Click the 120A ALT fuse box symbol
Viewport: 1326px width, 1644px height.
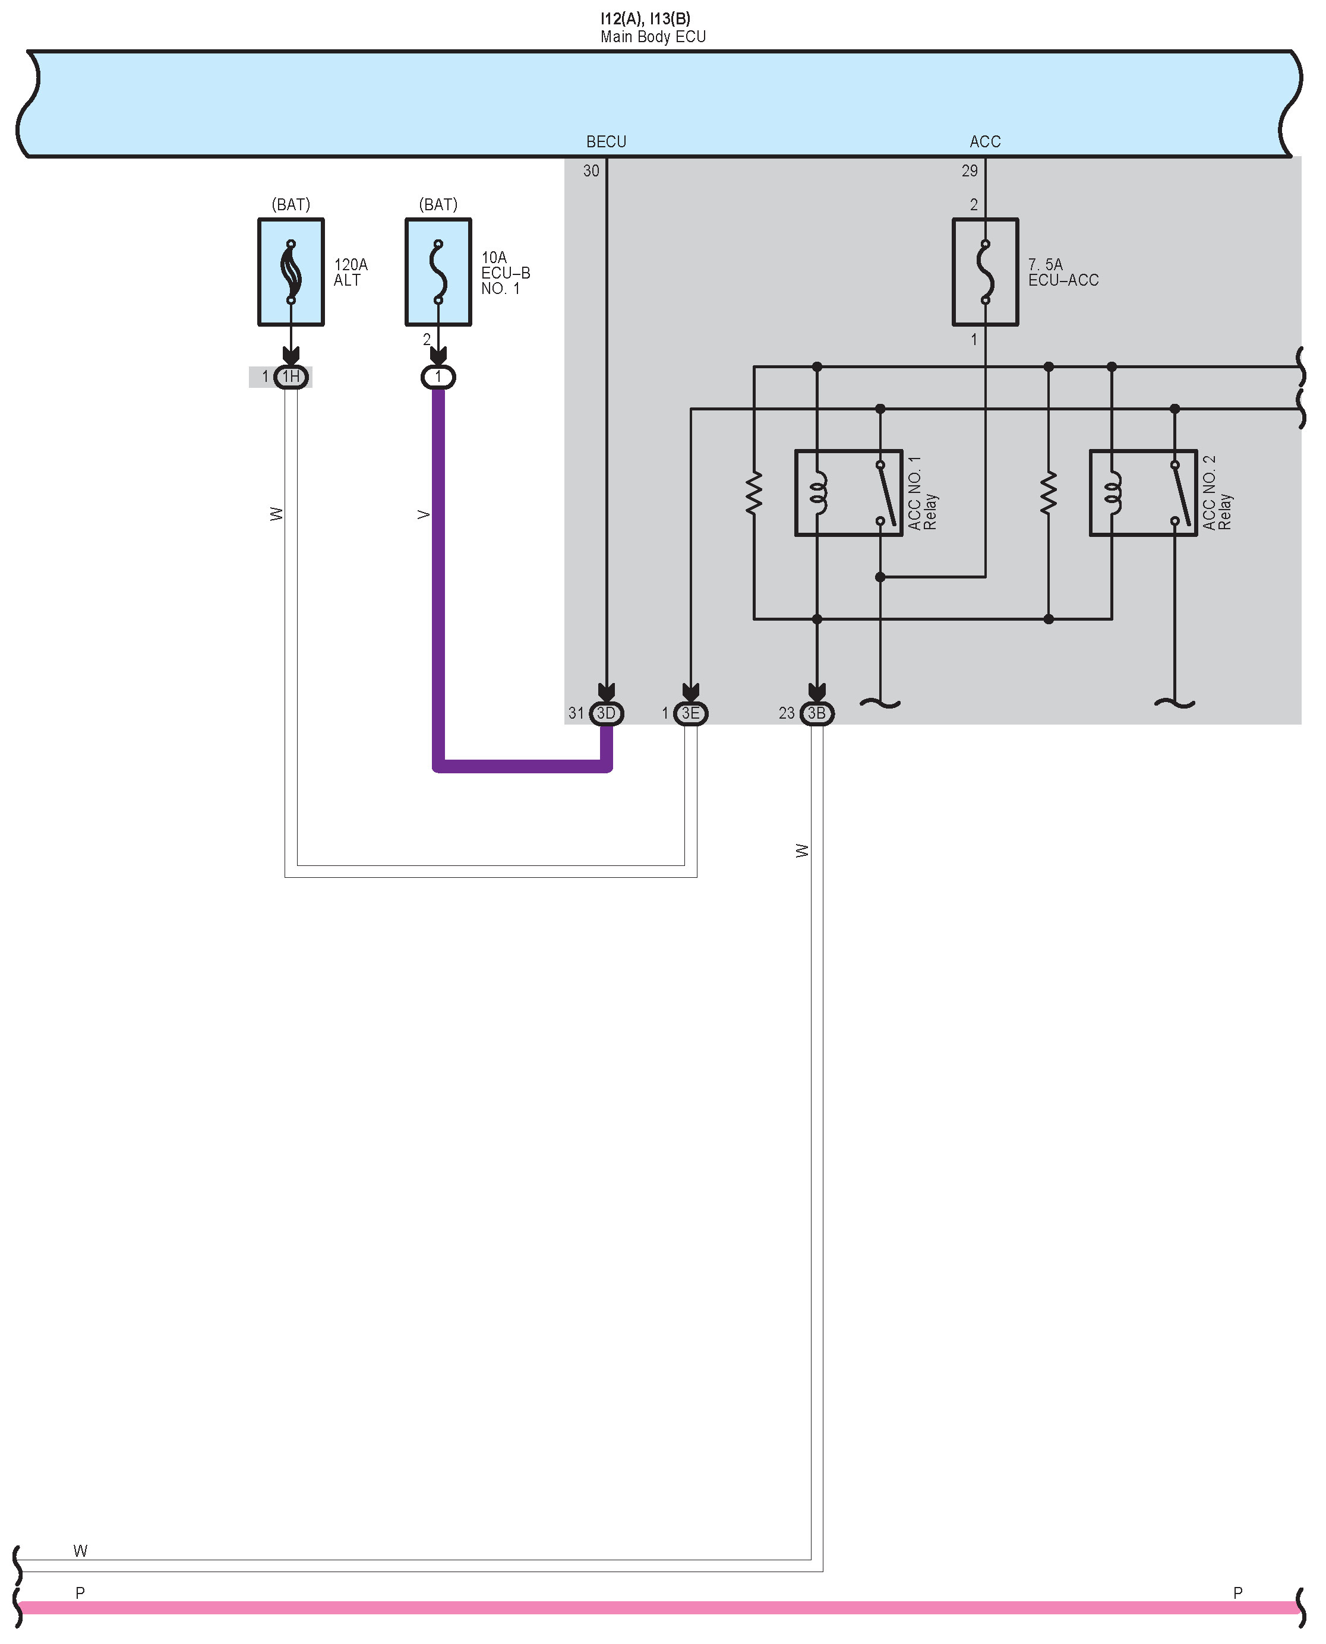point(291,273)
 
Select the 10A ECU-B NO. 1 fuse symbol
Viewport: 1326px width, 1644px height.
point(438,273)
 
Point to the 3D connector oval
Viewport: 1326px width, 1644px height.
point(607,713)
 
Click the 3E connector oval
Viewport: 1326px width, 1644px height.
point(690,713)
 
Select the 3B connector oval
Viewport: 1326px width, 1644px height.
point(816,713)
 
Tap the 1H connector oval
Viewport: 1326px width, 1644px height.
point(291,377)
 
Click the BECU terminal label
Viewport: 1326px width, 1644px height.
point(606,142)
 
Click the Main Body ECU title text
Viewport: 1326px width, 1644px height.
point(653,37)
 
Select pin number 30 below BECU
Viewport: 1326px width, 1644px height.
point(591,171)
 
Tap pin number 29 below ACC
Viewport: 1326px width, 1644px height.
point(970,171)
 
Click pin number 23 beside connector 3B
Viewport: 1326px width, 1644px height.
point(787,713)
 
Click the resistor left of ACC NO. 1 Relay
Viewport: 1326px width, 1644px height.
point(754,492)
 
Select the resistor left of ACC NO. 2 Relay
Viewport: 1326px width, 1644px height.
point(1048,492)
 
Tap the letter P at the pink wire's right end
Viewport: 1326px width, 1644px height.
point(1237,1593)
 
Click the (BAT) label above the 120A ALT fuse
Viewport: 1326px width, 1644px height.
point(291,205)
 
